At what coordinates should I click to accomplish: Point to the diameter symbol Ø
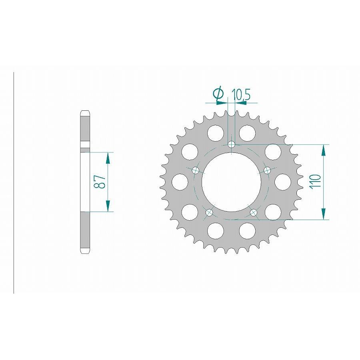(218, 94)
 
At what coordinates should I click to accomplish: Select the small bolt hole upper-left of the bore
(196, 170)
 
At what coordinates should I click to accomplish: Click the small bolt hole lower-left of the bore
(209, 213)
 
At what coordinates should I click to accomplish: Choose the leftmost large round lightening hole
(180, 182)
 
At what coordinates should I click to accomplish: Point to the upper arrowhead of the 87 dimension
(107, 158)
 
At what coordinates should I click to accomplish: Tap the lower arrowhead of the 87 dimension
(107, 206)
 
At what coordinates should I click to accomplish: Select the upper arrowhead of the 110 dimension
(323, 150)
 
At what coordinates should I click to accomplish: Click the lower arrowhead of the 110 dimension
(323, 214)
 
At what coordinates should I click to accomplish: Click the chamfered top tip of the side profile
(85, 112)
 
